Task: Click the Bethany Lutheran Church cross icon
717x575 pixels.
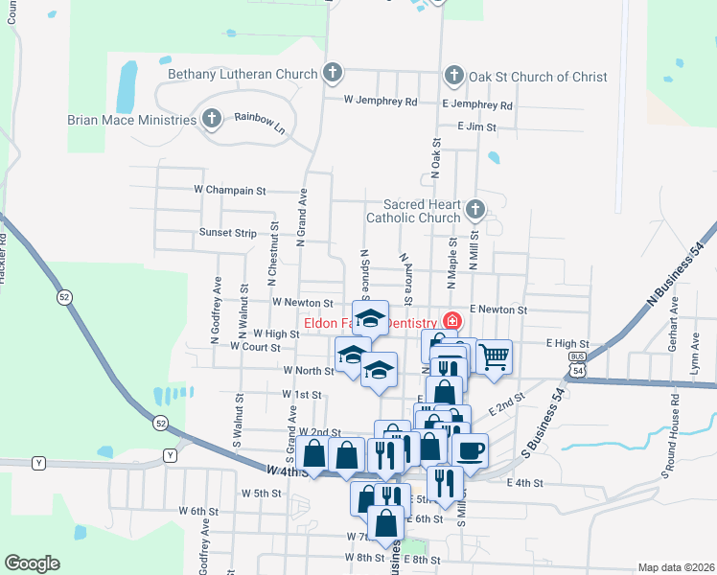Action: coord(332,74)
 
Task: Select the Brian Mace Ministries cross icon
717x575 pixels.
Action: coord(212,120)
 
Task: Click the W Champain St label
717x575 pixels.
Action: coord(229,191)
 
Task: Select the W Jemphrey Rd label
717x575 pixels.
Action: coord(383,102)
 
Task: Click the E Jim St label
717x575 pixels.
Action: coord(476,126)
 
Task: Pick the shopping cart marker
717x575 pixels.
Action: coord(493,357)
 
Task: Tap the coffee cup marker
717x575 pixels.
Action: coord(470,449)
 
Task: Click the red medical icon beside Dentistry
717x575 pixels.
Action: coord(450,323)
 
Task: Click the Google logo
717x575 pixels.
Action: coord(32,563)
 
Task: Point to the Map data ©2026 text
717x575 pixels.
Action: coord(675,567)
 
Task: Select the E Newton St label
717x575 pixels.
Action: coord(497,310)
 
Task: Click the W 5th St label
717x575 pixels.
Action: coord(261,494)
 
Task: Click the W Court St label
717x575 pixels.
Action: coord(254,347)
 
